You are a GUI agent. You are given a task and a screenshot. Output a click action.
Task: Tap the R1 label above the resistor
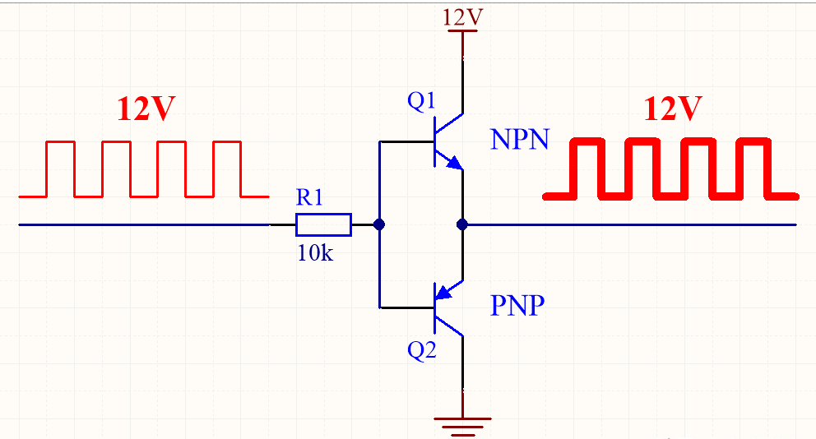pos(309,197)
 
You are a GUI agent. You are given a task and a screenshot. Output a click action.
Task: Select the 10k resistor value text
pos(315,252)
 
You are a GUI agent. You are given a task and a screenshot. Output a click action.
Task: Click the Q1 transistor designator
pos(421,100)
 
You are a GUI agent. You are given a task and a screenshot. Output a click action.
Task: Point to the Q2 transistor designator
pos(421,350)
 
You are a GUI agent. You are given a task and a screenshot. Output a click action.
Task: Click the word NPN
pos(519,140)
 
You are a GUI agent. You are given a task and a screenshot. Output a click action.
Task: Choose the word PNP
pos(517,305)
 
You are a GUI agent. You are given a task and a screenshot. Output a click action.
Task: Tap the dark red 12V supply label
pos(462,17)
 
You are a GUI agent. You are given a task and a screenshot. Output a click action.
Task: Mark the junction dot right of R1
pos(379,224)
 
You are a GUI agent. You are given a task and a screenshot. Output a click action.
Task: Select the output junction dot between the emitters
pos(462,224)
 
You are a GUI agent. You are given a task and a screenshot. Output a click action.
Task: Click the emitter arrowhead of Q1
pos(454,163)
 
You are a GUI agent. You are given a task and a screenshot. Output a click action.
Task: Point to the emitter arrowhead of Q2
pos(443,293)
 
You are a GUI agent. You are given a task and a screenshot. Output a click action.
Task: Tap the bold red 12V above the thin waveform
pos(146,109)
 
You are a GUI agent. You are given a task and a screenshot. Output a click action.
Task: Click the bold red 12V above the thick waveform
pos(673,109)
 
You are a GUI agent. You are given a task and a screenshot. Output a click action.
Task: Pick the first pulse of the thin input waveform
pos(61,141)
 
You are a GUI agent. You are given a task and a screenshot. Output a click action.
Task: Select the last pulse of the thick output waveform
pos(754,141)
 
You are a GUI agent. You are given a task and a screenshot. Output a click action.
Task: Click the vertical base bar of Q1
pos(434,141)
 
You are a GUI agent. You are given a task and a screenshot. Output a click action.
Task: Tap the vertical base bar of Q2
pos(434,308)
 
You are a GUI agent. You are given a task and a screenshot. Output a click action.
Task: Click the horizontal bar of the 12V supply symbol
pos(462,30)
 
